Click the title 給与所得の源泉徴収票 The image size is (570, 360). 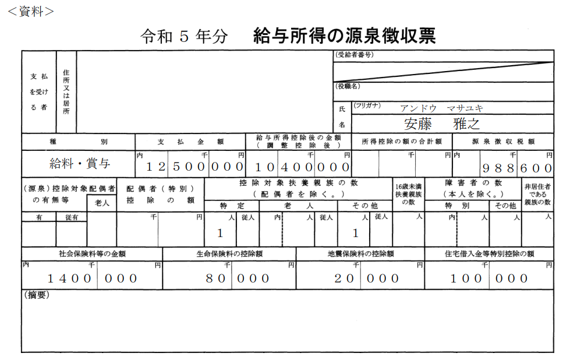tap(344, 36)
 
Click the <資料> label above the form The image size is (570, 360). tap(31, 11)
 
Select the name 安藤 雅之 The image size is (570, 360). tap(442, 124)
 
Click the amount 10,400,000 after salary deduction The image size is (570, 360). tap(302, 167)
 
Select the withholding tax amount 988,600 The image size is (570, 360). tap(517, 168)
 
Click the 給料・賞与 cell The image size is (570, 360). tap(80, 163)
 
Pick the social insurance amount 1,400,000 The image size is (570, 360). tap(93, 278)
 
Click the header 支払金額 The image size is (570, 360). tap(190, 142)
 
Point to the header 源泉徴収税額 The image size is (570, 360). tap(503, 142)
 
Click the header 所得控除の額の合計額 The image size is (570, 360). tap(402, 142)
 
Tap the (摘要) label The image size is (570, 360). tap(37, 295)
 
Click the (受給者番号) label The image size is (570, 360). tap(354, 55)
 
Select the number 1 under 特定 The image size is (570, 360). tap(220, 233)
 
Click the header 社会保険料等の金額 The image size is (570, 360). tap(93, 254)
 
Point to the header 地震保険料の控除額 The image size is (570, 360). tap(360, 254)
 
